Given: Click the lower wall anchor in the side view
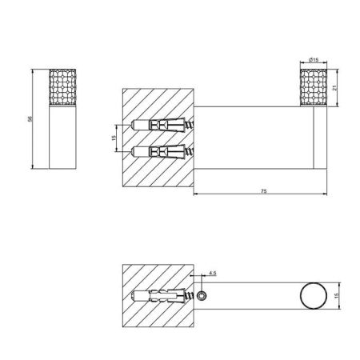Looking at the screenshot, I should tap(160, 150).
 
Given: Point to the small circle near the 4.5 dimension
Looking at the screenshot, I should tap(206, 297).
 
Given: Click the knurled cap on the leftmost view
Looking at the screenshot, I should tap(62, 86).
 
